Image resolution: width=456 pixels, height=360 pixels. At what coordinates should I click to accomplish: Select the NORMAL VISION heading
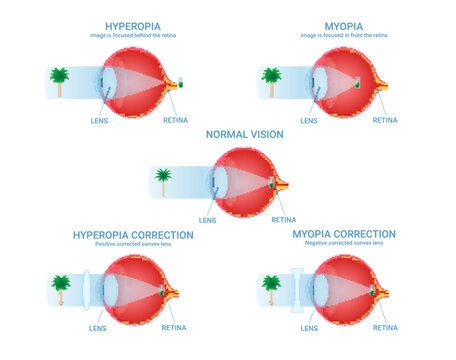[245, 134]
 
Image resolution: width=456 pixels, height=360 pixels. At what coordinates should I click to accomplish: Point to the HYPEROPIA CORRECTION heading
[133, 235]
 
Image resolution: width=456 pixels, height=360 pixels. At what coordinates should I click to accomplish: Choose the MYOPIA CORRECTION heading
[344, 234]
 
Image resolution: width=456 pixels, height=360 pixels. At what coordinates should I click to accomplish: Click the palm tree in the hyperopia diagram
[59, 79]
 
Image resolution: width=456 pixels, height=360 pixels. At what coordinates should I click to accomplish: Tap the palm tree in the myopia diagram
[271, 79]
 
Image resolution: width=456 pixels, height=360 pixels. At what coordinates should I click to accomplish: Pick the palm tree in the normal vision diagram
[164, 180]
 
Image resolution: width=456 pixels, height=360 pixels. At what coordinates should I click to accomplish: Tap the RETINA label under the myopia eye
[385, 120]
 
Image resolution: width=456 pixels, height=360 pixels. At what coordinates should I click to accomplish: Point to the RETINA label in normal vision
[284, 219]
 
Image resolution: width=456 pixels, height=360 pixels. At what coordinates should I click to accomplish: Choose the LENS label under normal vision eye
[207, 220]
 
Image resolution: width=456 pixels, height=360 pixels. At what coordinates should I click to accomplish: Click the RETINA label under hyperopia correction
[173, 327]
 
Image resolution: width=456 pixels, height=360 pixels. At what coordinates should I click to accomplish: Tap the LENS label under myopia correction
[310, 327]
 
